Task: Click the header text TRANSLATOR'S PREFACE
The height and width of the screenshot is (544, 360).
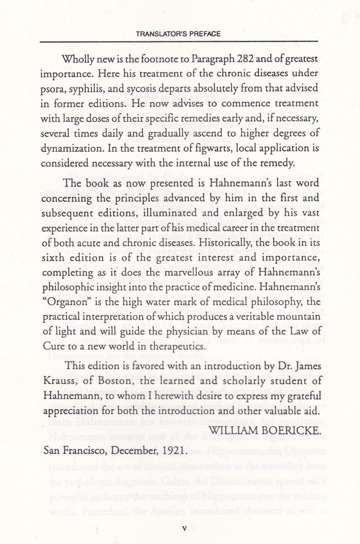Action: coord(179,34)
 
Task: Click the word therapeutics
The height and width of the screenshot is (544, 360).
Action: coord(175,346)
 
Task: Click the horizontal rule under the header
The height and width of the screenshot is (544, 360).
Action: coord(179,42)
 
